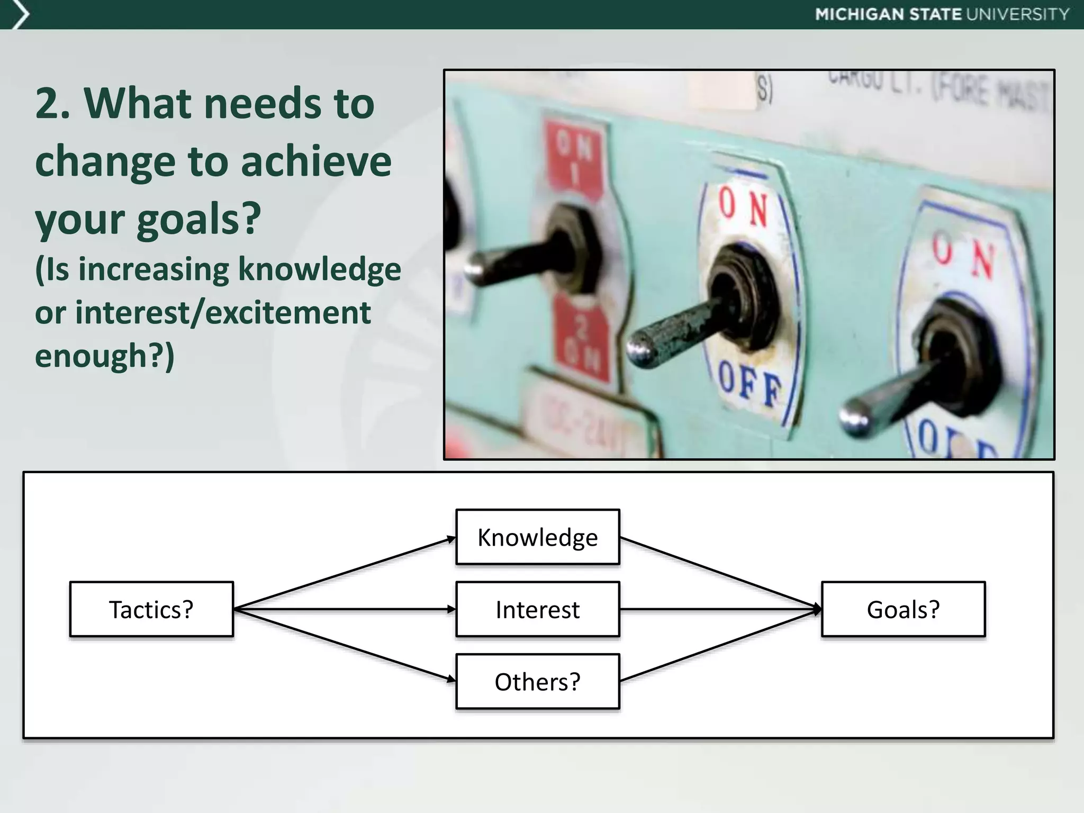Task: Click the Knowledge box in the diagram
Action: click(x=537, y=537)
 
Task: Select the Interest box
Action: click(x=537, y=609)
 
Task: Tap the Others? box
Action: click(x=537, y=682)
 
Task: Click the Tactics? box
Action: click(x=151, y=609)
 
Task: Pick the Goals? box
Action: click(x=903, y=609)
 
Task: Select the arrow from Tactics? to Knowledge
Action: click(x=344, y=573)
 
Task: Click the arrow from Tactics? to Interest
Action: click(x=344, y=609)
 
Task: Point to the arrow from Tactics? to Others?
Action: click(x=344, y=645)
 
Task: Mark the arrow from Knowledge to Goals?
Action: click(x=720, y=573)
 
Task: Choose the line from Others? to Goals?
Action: click(x=720, y=645)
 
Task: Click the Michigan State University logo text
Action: click(x=942, y=14)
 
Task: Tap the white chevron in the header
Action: click(x=20, y=15)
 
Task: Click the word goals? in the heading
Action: click(x=199, y=220)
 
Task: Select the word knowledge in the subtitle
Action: click(x=319, y=269)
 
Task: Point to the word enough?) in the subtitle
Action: click(x=104, y=356)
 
